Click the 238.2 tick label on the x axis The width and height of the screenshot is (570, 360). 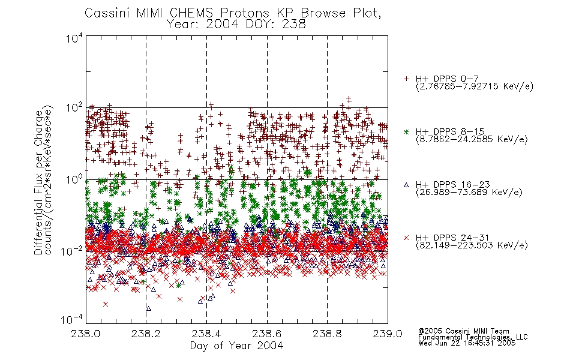click(146, 334)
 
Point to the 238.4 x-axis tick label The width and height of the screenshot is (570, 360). click(206, 334)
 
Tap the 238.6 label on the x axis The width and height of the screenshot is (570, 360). click(267, 334)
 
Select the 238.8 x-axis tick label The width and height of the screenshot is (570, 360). click(327, 334)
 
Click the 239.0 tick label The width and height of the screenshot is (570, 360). click(388, 334)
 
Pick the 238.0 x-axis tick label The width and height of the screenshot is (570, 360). click(86, 334)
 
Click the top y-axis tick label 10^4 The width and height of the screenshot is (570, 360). click(74, 38)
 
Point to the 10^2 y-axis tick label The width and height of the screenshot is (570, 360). click(74, 108)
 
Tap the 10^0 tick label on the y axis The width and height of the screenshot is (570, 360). click(74, 179)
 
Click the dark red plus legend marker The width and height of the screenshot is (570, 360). click(406, 79)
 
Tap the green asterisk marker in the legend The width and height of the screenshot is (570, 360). click(406, 131)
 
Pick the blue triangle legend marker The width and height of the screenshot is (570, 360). click(406, 185)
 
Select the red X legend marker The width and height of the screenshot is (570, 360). click(406, 238)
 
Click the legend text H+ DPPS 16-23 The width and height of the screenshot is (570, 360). click(452, 185)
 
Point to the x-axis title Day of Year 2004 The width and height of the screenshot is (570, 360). click(236, 346)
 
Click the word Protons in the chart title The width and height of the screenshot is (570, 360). click(244, 13)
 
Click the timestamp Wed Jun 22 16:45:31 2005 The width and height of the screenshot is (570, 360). click(467, 343)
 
